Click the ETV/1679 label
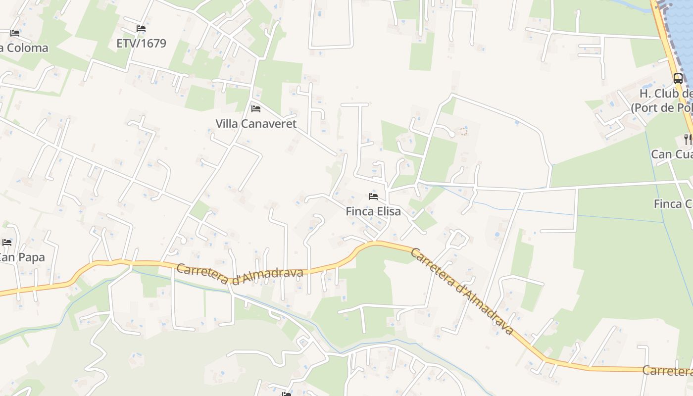(141, 43)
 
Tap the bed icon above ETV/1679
(141, 29)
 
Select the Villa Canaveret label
(256, 123)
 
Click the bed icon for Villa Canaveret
(256, 108)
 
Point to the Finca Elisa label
(373, 211)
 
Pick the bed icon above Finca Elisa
(373, 197)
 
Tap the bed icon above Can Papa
(7, 243)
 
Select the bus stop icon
(678, 78)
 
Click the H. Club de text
(665, 94)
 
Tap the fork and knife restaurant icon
(688, 139)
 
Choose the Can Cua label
(671, 154)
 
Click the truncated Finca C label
(673, 203)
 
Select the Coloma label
(25, 48)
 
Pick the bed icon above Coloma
(15, 33)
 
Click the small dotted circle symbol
(463, 131)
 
